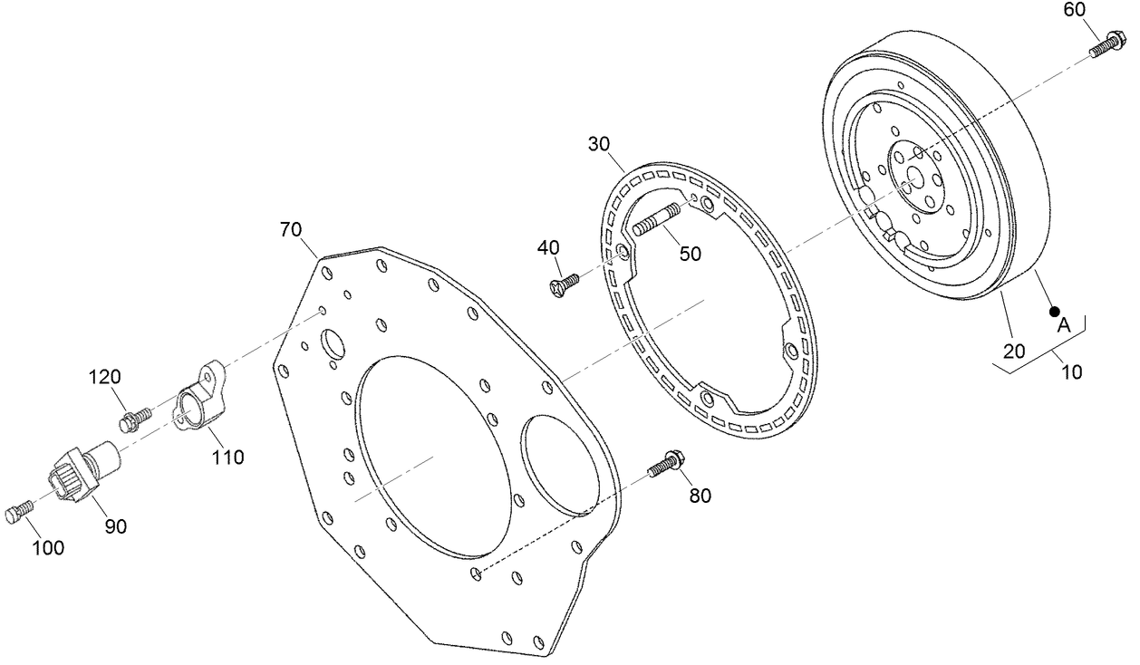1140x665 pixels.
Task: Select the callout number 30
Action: pyautogui.click(x=599, y=144)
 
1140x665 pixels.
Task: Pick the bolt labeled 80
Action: pyautogui.click(x=665, y=464)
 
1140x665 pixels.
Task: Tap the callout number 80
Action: pyautogui.click(x=700, y=496)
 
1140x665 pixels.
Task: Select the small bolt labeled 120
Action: pyautogui.click(x=135, y=418)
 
